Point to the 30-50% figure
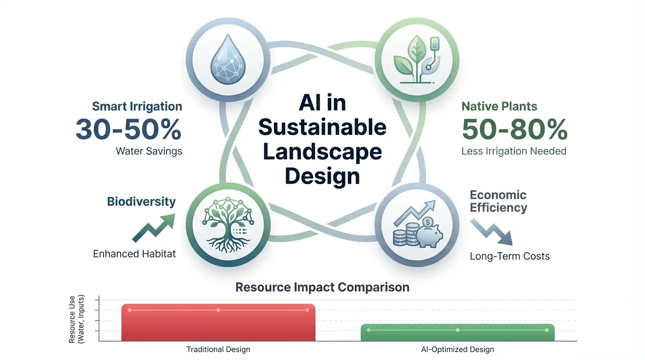[x=128, y=129]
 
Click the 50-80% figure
[x=515, y=129]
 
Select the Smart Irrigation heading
[x=137, y=106]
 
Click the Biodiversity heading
[x=142, y=202]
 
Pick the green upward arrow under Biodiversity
[x=153, y=228]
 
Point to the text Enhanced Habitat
[x=135, y=254]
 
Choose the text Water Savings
[x=149, y=151]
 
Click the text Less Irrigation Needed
[x=514, y=151]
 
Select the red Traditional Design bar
[x=218, y=322]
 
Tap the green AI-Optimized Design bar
[x=457, y=332]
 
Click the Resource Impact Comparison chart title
[x=322, y=287]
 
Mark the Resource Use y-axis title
[x=75, y=319]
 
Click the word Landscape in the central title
[x=322, y=152]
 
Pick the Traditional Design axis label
[x=218, y=349]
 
